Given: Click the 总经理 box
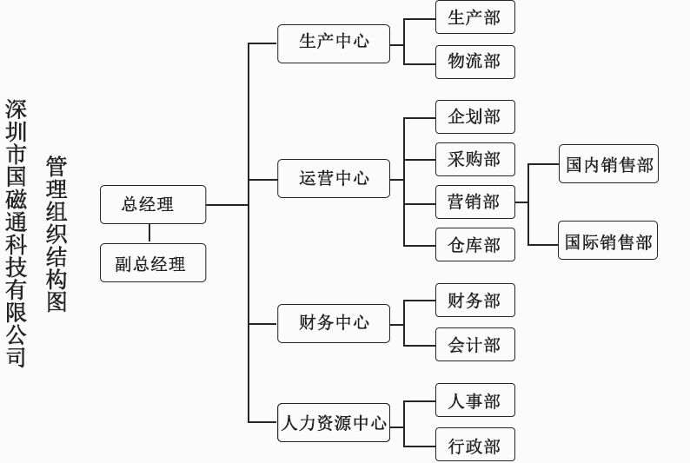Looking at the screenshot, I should coord(153,204).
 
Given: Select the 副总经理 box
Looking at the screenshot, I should coord(153,263).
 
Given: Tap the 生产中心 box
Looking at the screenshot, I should coord(334,43).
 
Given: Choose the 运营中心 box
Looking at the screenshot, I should coord(334,179).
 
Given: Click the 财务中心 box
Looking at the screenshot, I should coord(334,323).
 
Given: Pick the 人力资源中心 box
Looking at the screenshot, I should coord(334,423).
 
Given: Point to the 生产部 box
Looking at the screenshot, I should coord(474,17).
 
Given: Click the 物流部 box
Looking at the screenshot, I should coord(474,62).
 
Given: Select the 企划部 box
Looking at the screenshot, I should coord(474,117).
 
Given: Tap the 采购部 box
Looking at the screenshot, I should coord(474,160).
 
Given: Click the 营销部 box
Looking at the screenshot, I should coord(474,202).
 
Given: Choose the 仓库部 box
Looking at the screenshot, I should coord(474,245).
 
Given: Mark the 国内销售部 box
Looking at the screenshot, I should coord(608,164).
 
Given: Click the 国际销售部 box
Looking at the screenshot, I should coord(607,241).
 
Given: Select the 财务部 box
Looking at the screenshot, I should coord(474,301).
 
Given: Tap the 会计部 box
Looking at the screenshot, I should coord(474,345).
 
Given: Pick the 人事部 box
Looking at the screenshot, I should coord(474,400).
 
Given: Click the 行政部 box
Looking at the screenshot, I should coord(474,445).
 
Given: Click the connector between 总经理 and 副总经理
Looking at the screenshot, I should coord(149,234).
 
